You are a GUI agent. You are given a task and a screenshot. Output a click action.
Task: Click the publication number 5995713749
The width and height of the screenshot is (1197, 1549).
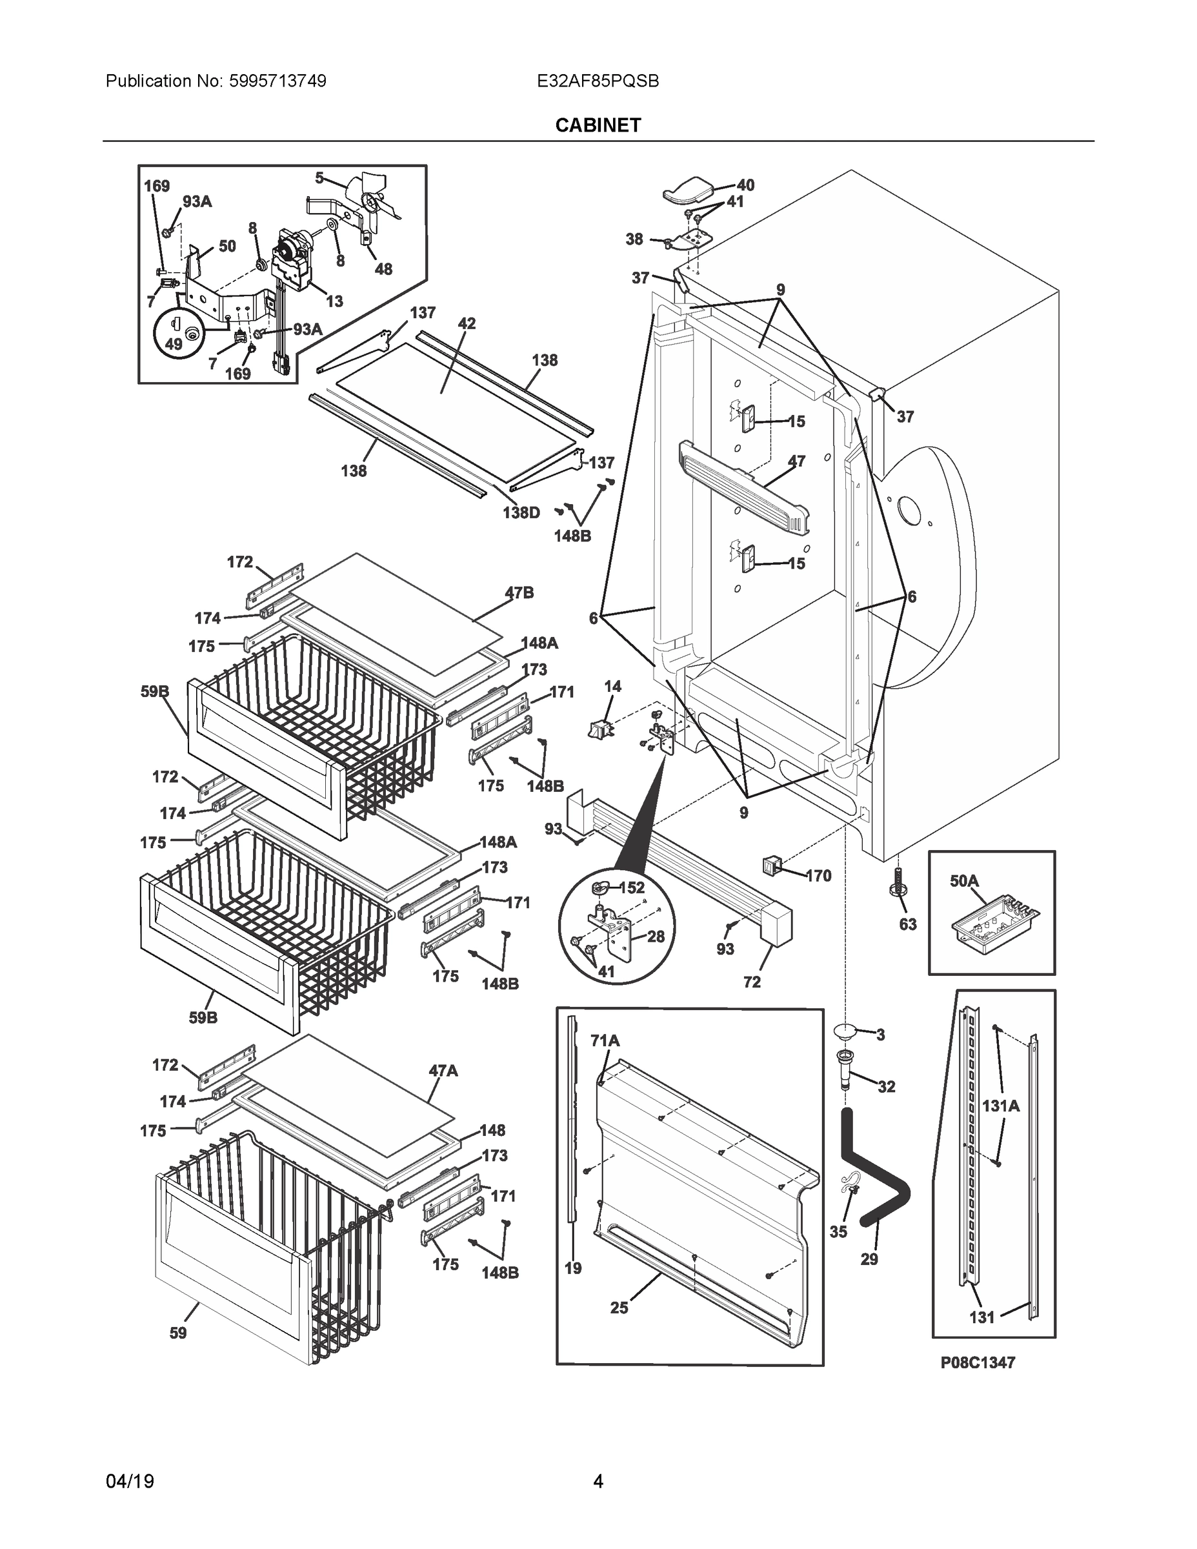click(x=277, y=81)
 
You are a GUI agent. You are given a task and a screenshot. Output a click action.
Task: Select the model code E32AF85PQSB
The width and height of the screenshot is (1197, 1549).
click(x=598, y=81)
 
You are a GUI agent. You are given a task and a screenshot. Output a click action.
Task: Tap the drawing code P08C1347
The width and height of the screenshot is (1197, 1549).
click(x=977, y=1362)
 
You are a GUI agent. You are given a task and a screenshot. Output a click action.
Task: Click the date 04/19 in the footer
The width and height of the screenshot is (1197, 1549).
click(x=129, y=1481)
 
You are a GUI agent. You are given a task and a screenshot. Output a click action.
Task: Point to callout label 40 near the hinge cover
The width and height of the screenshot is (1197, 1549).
click(x=745, y=185)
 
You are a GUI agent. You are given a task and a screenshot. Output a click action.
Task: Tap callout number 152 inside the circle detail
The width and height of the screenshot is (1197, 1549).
click(x=631, y=887)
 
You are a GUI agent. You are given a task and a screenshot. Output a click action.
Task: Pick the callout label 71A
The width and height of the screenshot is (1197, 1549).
click(x=605, y=1040)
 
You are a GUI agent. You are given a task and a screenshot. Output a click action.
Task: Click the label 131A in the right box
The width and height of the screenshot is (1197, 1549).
click(x=1001, y=1105)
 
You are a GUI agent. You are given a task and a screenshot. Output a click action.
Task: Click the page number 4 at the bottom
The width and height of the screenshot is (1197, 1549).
click(x=598, y=1481)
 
